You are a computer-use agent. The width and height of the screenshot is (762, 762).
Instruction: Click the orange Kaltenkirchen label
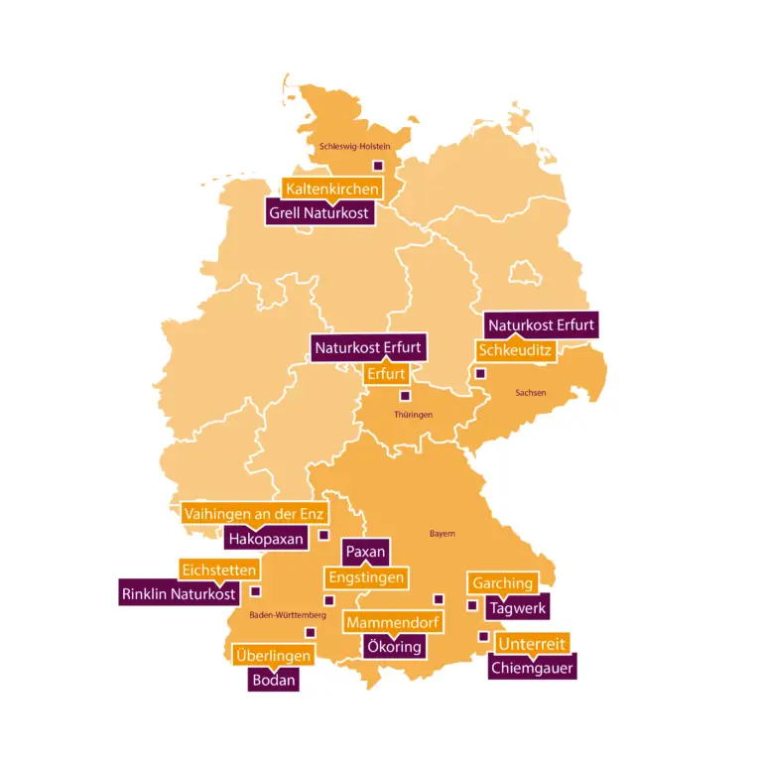pos(331,189)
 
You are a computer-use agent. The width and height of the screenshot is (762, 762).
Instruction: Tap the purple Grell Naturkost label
pos(319,212)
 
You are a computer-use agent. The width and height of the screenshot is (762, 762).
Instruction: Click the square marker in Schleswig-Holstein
pos(377,166)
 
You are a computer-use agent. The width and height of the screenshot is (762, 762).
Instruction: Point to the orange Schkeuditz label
pos(515,350)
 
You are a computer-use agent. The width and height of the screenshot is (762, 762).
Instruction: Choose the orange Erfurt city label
pos(386,374)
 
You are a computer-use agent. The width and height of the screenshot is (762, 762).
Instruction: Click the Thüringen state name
pos(413,414)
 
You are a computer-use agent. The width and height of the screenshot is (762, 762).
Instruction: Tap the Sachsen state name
pos(531,393)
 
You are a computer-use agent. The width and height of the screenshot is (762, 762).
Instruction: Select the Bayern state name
pos(442,534)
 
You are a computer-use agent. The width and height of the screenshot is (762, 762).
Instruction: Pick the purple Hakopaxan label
pos(264,539)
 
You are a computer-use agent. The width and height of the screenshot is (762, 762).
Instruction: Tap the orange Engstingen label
pos(366,577)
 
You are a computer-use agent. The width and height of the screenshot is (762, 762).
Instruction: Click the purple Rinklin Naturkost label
pos(179,594)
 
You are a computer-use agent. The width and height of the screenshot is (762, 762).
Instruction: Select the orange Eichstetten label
pos(220,571)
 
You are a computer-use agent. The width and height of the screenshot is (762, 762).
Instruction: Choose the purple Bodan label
pos(273,681)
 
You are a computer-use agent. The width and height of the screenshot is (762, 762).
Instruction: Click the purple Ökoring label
pos(394,647)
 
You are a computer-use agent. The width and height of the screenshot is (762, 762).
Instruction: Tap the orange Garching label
pos(503,583)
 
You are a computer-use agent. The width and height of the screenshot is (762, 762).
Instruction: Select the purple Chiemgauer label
pos(533,668)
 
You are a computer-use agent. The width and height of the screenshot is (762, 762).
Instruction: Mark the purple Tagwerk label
pos(518,608)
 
